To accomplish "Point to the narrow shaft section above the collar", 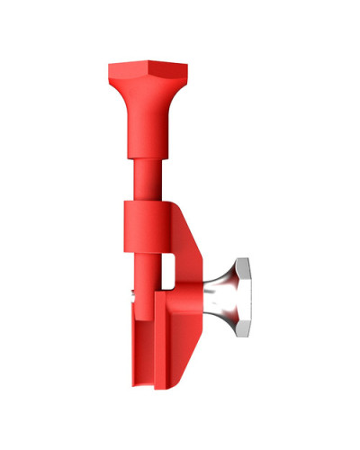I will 148,180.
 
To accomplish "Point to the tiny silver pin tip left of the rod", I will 134,290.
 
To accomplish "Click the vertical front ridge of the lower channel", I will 161,342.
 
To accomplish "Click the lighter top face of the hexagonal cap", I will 148,66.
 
